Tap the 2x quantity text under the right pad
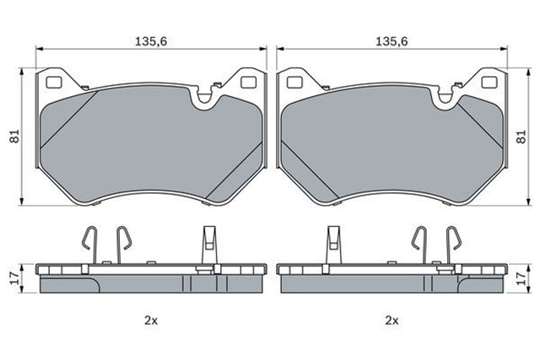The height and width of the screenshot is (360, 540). (391, 320)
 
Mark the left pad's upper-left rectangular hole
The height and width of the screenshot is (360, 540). (52, 83)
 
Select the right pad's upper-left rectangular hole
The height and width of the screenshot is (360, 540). (294, 83)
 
